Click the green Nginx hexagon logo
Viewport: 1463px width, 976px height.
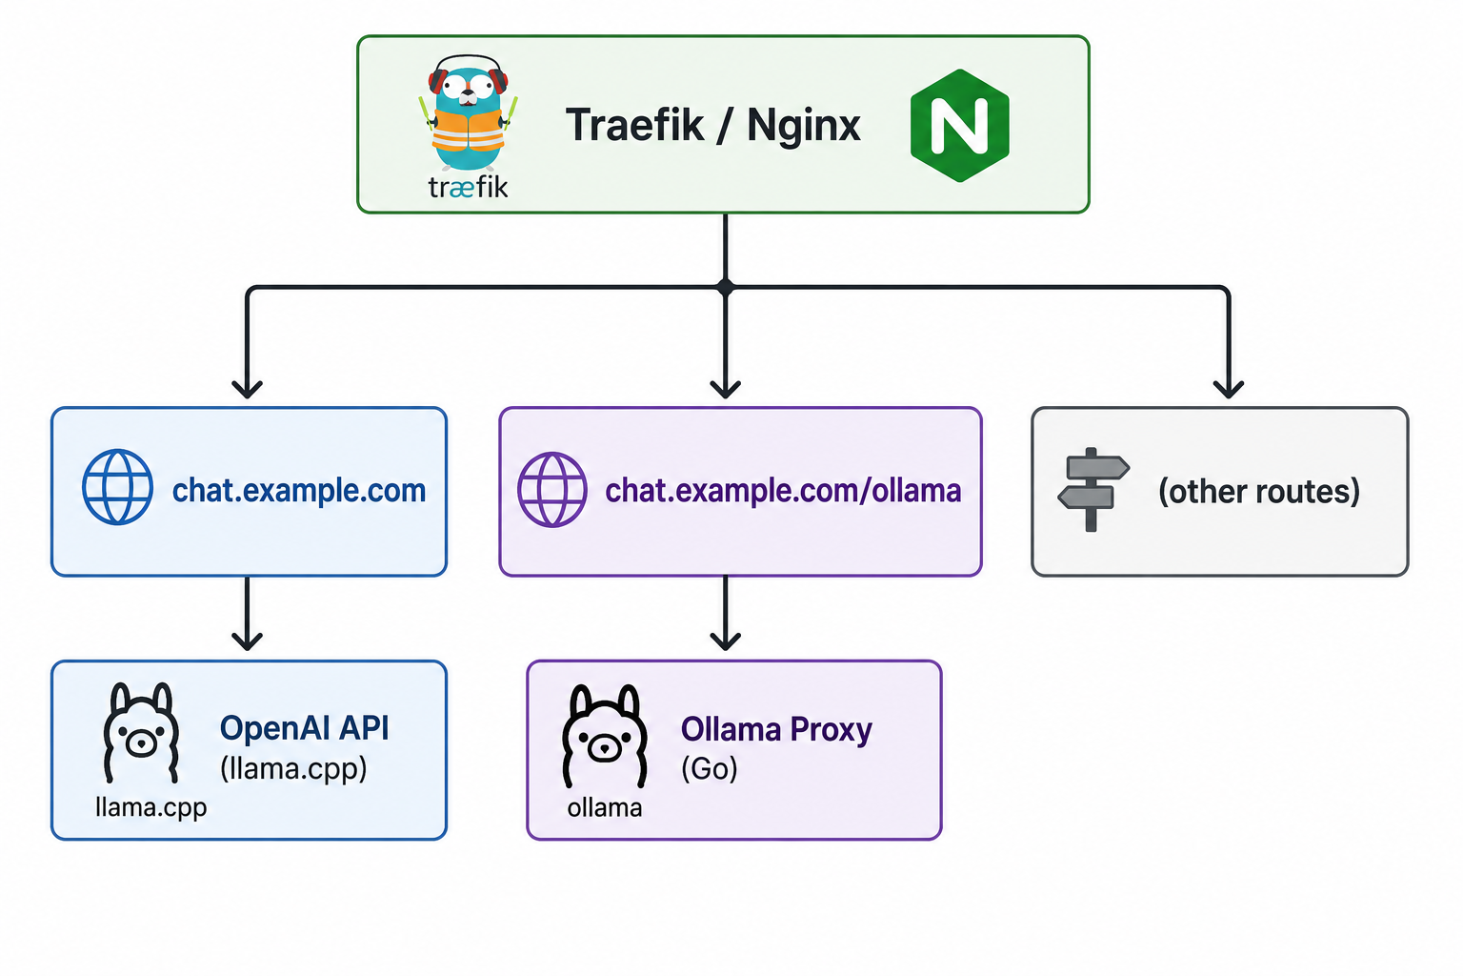click(959, 125)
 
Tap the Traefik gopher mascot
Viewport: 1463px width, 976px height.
click(468, 112)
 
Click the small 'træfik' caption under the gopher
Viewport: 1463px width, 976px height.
click(468, 188)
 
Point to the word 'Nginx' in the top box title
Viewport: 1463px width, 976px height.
click(804, 126)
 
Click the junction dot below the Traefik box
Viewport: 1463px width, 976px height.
click(726, 287)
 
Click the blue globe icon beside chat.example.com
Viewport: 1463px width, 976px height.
click(117, 487)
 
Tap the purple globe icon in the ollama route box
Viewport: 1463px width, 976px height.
click(552, 490)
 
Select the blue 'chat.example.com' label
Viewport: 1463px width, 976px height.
click(299, 490)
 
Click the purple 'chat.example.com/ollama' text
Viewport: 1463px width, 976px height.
click(783, 491)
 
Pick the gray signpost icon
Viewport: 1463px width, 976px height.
click(1093, 490)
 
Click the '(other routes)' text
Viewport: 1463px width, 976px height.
click(1259, 492)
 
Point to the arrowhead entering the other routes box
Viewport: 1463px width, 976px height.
click(1229, 389)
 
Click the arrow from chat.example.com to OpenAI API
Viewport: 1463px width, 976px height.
click(247, 613)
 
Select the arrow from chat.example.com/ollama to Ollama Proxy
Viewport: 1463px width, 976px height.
click(726, 613)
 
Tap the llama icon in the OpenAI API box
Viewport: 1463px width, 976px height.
click(141, 733)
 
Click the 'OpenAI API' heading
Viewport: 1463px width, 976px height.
click(305, 728)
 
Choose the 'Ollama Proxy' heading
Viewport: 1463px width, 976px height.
click(776, 729)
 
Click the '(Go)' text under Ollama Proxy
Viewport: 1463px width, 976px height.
click(710, 769)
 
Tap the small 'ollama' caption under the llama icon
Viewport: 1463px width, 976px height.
click(605, 808)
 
